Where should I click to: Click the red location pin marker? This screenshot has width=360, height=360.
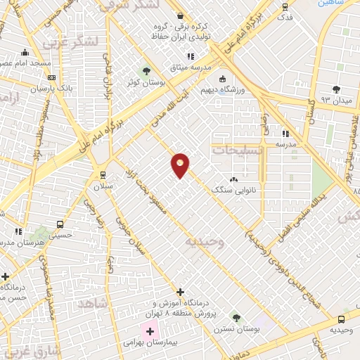[181, 165]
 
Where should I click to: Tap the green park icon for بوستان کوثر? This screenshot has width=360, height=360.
[146, 71]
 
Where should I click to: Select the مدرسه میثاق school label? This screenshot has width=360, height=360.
[186, 67]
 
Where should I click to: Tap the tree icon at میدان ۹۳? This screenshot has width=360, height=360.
[336, 89]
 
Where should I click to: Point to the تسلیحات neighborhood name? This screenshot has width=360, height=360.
[238, 150]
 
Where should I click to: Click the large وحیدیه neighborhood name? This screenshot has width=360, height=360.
[205, 241]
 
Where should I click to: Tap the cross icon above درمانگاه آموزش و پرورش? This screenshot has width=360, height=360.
[180, 292]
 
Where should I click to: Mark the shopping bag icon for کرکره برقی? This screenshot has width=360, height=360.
[180, 15]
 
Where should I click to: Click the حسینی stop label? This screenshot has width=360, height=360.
[65, 236]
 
